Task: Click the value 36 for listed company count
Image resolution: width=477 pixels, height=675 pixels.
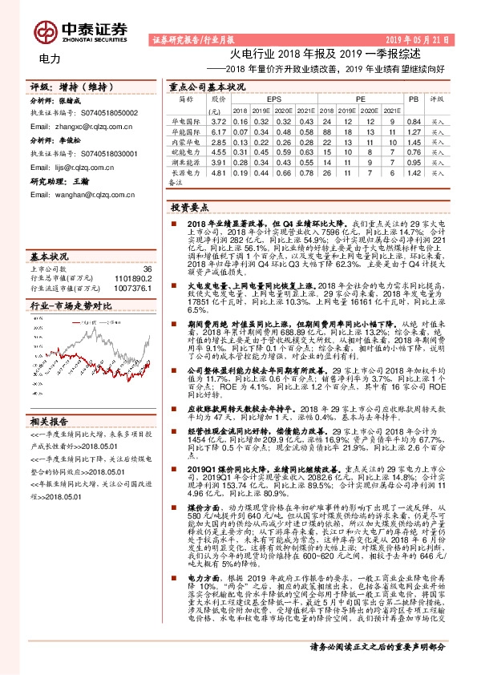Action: coord(146,269)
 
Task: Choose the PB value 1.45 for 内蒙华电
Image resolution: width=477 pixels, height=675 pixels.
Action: coord(414,140)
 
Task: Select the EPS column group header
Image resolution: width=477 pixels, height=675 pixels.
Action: coord(274,99)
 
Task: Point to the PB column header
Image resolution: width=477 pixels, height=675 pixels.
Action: coord(414,99)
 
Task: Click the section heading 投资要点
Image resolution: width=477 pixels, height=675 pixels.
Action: coord(189,206)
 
